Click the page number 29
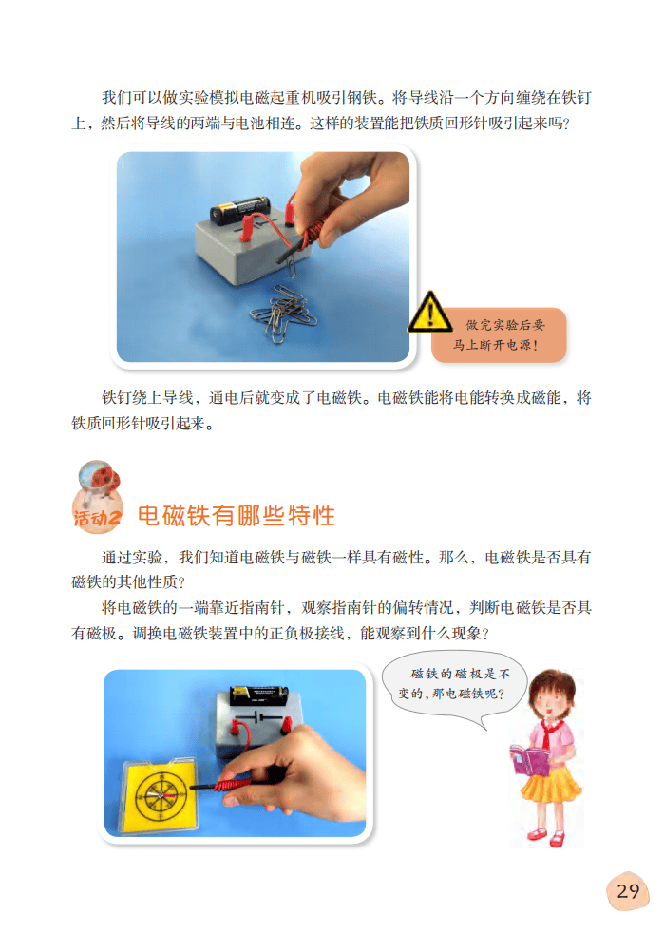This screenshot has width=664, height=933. coord(628,890)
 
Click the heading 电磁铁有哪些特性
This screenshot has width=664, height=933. coord(237,517)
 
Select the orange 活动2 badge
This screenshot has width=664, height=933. coord(98,518)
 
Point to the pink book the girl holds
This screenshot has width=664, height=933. coord(525,761)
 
